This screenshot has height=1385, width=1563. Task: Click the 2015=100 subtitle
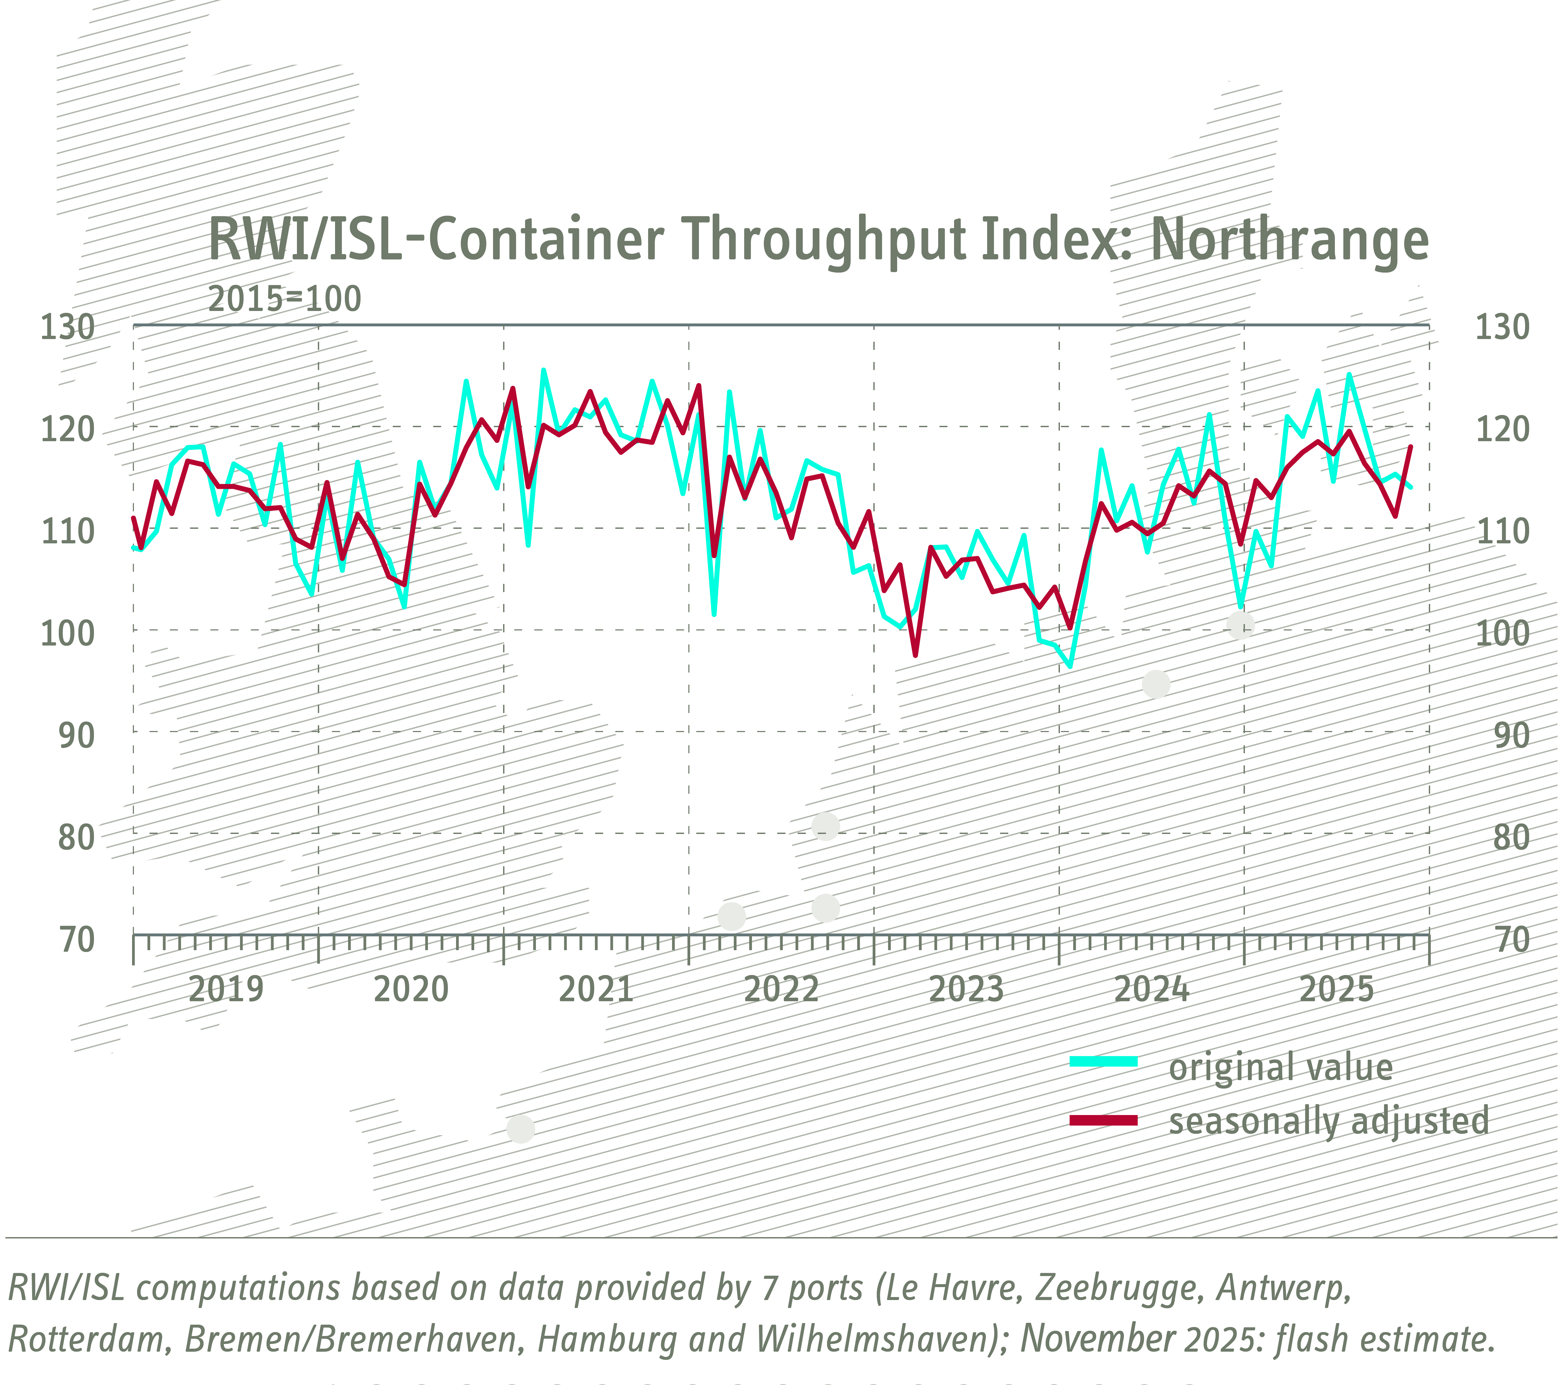(284, 299)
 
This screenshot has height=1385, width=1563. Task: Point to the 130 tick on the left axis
(67, 327)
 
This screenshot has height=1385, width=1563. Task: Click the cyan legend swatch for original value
(1103, 1062)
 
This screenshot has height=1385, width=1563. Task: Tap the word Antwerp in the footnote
(1283, 1288)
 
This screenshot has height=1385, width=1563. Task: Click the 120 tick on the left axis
(67, 430)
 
